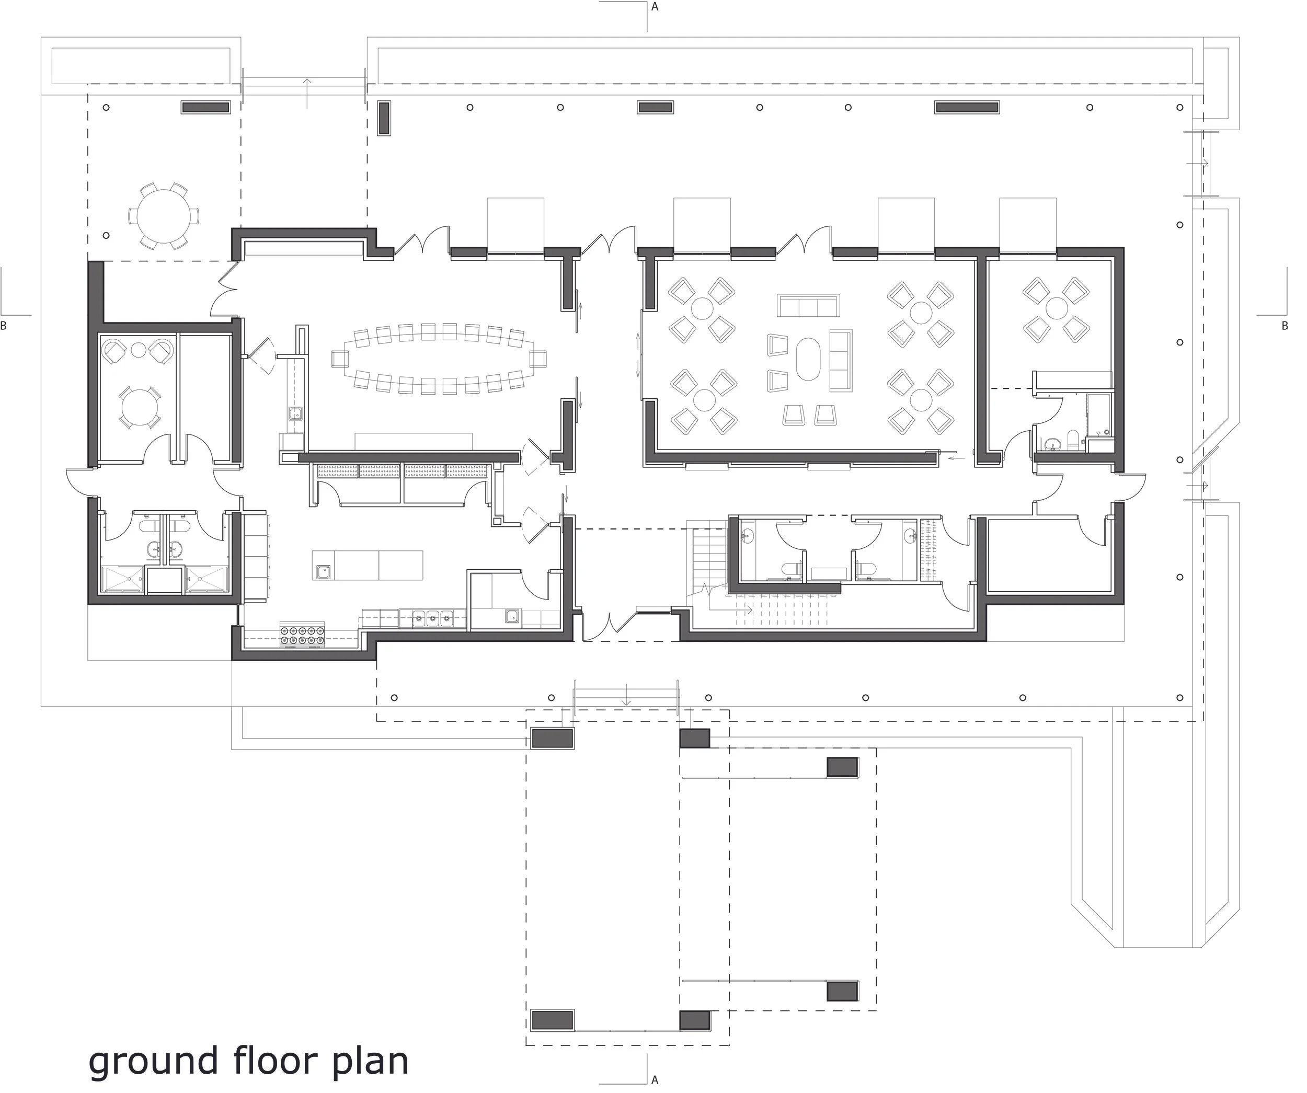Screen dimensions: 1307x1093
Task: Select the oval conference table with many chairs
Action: [x=439, y=359]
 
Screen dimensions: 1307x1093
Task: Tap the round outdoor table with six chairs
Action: [x=164, y=216]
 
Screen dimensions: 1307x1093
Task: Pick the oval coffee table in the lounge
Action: [x=808, y=359]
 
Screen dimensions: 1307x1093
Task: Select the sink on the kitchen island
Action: [x=323, y=571]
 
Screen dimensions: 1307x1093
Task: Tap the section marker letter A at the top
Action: [x=654, y=7]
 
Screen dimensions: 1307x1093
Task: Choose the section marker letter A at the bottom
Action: [x=654, y=1080]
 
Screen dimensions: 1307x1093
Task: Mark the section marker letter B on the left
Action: [x=4, y=326]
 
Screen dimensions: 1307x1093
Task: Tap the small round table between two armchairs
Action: [x=138, y=350]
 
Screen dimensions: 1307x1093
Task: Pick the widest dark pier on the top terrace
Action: [x=967, y=107]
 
